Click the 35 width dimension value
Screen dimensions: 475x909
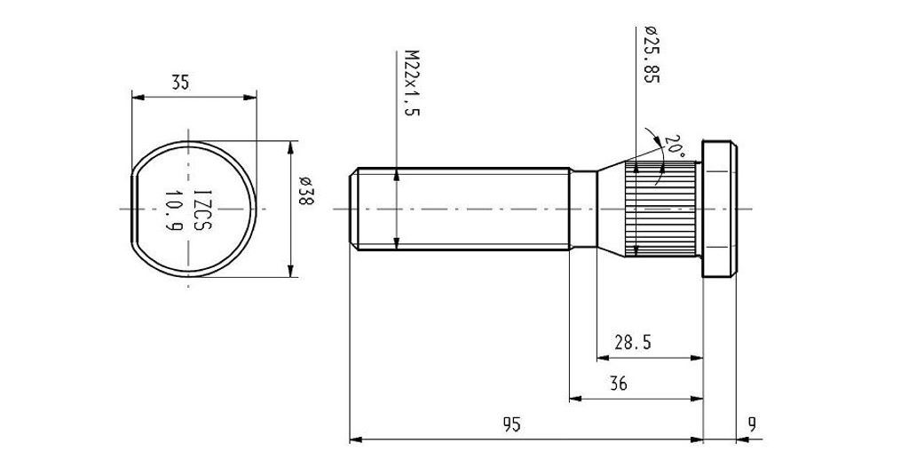tap(180, 83)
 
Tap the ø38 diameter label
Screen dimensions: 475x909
tap(304, 193)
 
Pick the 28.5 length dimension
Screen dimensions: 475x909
tap(633, 343)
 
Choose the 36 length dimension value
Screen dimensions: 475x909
tap(619, 384)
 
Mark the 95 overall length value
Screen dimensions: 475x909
tap(511, 424)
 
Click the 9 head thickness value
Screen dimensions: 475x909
tap(752, 424)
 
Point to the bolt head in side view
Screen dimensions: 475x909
tap(719, 210)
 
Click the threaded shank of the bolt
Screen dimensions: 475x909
tap(462, 210)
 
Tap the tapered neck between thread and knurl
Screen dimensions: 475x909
tap(609, 210)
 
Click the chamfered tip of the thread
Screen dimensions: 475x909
tap(354, 210)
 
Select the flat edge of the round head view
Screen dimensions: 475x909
tap(134, 210)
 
